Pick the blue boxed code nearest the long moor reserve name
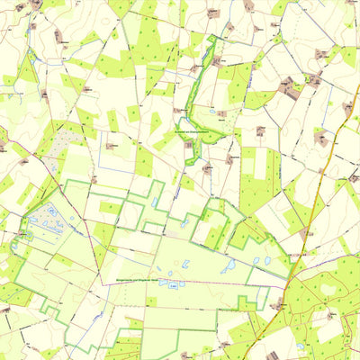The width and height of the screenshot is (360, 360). click(x=171, y=285)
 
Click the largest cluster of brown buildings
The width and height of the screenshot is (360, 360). click(x=290, y=87)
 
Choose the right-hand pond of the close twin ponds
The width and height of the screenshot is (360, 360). click(x=267, y=260)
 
